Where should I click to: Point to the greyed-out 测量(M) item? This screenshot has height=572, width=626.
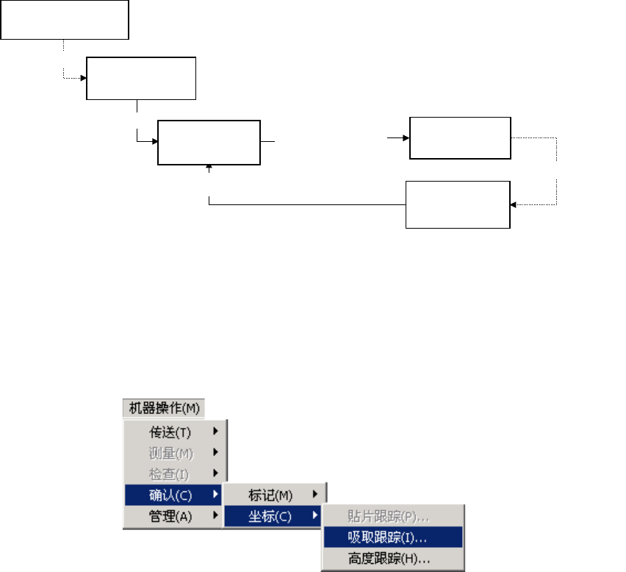[x=170, y=452]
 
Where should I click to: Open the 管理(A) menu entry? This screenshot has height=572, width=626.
[x=170, y=516]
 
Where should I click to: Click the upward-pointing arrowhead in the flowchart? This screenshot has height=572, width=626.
[x=210, y=168]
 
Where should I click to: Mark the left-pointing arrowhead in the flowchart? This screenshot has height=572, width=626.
[x=514, y=205]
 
